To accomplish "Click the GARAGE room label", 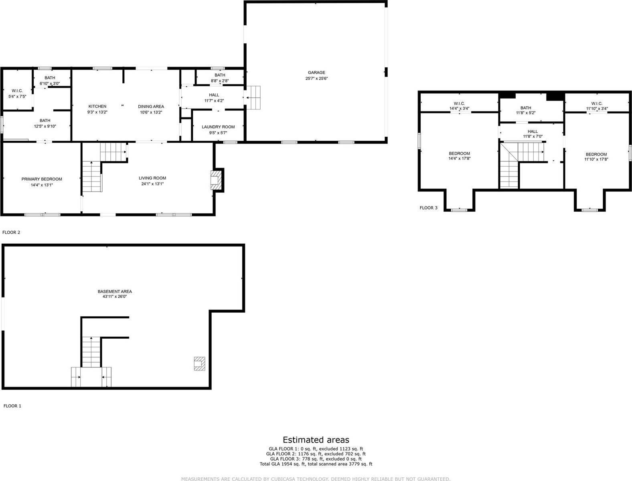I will pos(316,73).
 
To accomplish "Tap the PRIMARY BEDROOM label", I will pos(42,179).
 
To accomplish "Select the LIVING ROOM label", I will pos(152,178).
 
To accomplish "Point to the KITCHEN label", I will pos(97,106).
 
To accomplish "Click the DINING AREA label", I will pos(151,106).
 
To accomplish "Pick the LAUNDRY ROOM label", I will pos(218,127).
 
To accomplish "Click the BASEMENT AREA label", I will pos(115,291).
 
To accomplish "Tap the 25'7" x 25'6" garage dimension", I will pos(316,79).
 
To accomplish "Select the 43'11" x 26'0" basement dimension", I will pos(115,297).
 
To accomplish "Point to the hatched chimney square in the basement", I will pos(199,363).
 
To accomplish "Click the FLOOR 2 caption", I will pos(11,232).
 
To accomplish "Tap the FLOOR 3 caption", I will pos(428,208).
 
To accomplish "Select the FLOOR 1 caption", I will pos(12,406).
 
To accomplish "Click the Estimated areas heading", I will pos(316,440).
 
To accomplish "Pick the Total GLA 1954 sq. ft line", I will pos(316,464).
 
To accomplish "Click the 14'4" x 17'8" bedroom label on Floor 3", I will pos(459,156).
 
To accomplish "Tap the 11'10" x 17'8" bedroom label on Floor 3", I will pos(596,157).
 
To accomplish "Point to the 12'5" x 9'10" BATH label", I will pos(45,123).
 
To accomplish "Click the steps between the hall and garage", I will pos(253,97).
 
